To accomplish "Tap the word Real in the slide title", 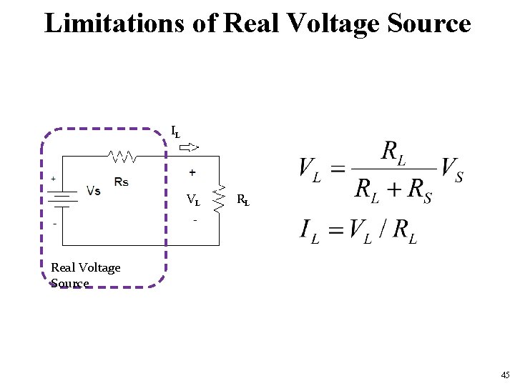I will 252,23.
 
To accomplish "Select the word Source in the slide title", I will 428,23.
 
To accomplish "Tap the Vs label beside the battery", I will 93,191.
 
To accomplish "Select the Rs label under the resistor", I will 121,182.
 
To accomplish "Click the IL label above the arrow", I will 175,132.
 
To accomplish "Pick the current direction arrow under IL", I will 189,148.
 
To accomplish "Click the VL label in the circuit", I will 193,200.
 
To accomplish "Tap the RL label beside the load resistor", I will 243,200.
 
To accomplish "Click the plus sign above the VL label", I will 193,173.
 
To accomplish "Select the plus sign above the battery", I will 53,178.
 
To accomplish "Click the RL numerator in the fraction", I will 394,153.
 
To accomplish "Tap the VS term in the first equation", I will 451,172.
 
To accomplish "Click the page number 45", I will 505,375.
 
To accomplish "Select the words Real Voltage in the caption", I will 86,267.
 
